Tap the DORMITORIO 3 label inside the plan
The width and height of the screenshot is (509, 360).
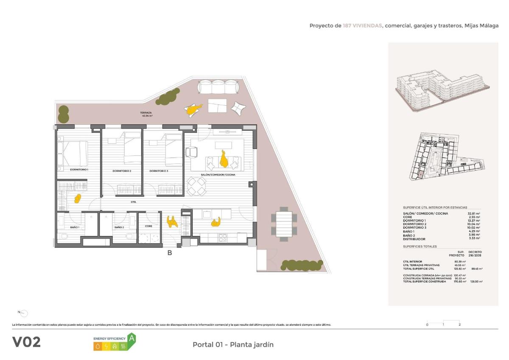tap(159, 171)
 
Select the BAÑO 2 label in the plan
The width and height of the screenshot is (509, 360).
tap(119, 228)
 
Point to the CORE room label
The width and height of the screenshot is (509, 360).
tap(148, 226)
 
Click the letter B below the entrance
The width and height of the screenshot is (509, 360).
tap(170, 253)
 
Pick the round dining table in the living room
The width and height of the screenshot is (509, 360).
tap(196, 186)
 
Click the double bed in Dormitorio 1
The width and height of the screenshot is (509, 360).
tap(75, 153)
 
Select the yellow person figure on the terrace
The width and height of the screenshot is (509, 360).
tap(193, 110)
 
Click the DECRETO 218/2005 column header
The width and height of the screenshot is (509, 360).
tap(475, 253)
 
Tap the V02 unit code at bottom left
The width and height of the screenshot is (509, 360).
tap(26, 342)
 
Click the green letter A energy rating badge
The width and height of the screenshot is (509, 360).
tap(132, 338)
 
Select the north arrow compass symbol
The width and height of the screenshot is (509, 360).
tap(23, 313)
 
